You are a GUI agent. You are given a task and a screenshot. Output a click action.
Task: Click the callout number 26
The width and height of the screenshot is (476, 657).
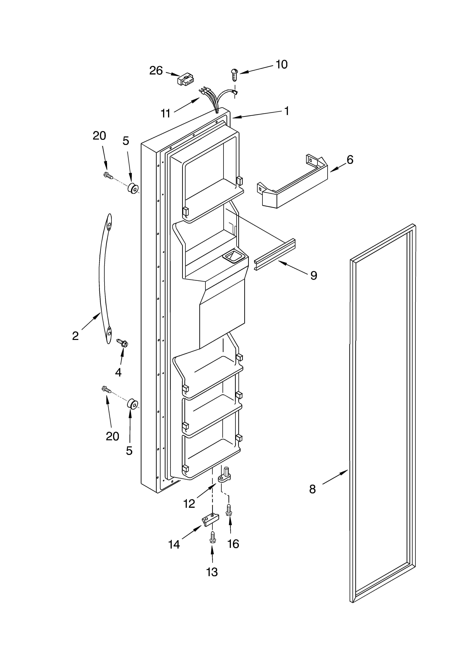[156, 70]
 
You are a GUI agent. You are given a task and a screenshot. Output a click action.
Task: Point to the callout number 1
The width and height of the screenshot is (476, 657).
[286, 111]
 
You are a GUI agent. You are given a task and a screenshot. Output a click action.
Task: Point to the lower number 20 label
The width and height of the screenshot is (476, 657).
[112, 436]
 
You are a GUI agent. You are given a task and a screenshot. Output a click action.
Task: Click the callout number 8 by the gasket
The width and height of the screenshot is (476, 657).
[312, 489]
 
